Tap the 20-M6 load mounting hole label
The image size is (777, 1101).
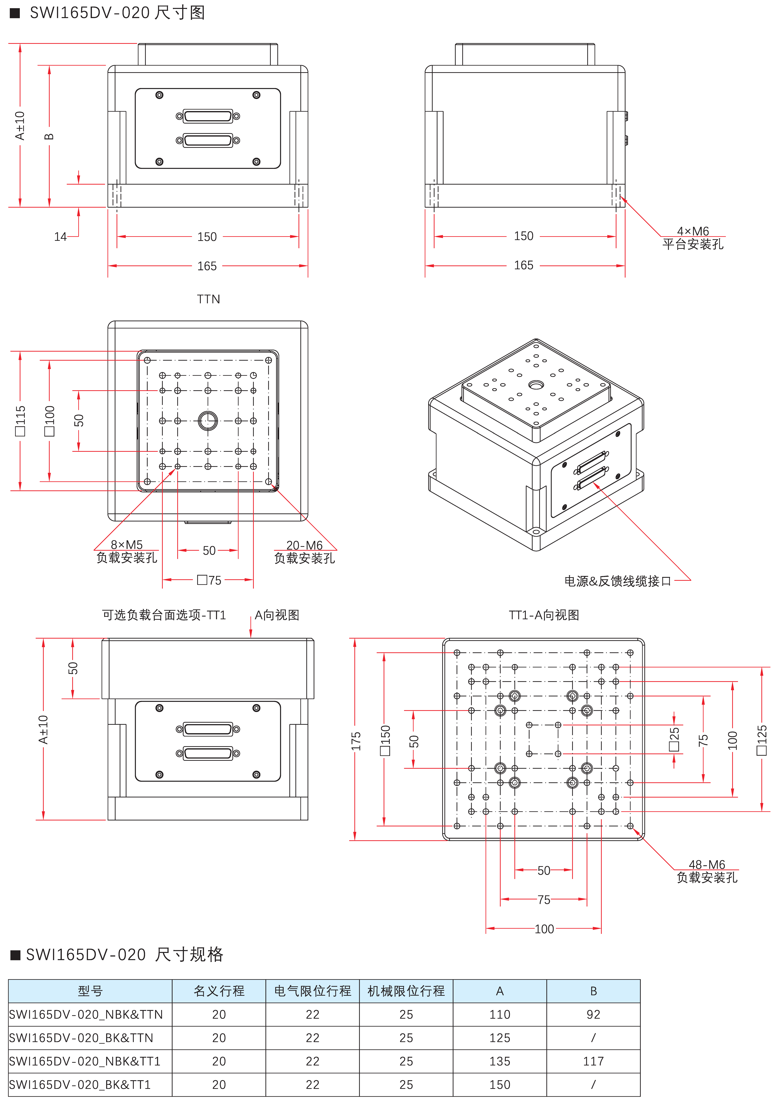click(x=305, y=552)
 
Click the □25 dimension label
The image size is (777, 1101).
click(x=674, y=739)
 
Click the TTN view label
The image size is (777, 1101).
click(x=208, y=299)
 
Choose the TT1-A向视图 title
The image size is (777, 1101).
click(x=544, y=615)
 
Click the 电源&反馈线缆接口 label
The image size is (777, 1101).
click(x=617, y=581)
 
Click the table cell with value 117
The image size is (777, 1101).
click(x=593, y=1061)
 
